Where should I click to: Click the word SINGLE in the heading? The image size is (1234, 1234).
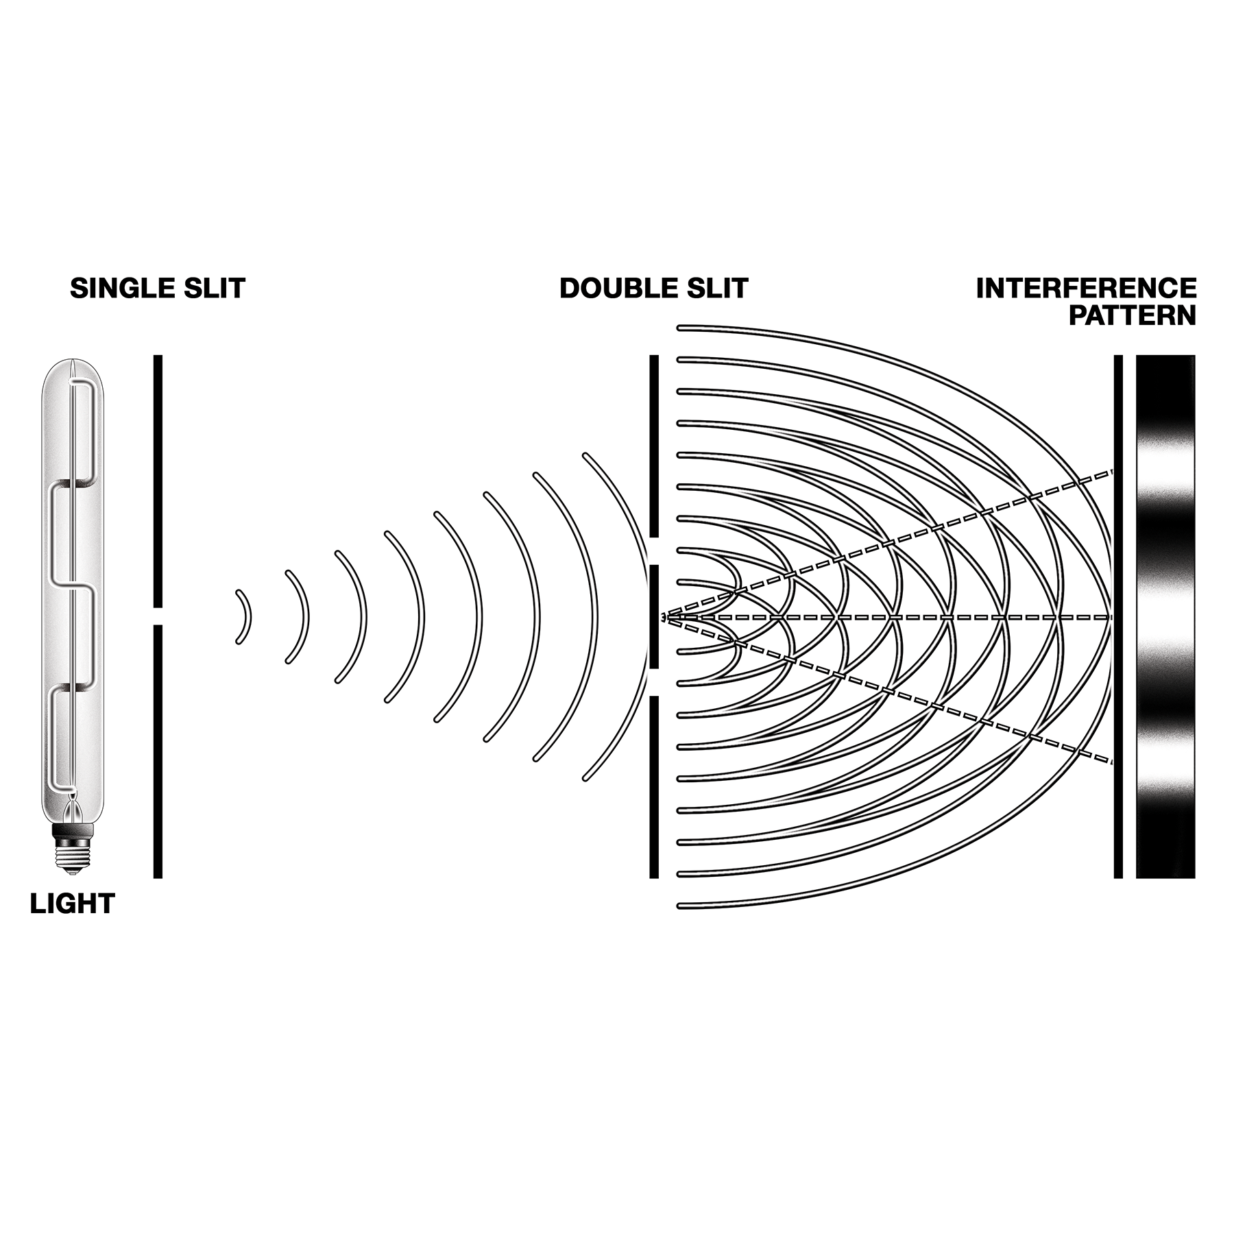(113, 289)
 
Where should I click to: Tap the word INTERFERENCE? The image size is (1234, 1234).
(1086, 289)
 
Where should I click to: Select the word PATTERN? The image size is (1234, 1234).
(1132, 316)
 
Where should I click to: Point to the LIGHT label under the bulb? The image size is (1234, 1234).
(72, 904)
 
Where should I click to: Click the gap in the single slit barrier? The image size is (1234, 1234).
(158, 616)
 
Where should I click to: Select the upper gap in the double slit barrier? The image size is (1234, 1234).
(653, 551)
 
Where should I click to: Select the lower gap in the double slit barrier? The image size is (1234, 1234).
(653, 682)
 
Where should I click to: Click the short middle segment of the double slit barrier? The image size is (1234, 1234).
(653, 616)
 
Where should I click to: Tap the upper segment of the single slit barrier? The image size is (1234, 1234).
(158, 480)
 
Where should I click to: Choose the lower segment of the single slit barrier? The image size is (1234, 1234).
(158, 751)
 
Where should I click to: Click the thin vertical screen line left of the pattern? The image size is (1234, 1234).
(1118, 616)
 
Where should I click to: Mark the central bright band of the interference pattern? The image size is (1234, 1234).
(1165, 616)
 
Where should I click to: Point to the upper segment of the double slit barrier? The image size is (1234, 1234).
(653, 446)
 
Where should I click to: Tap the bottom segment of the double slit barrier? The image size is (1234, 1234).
(653, 787)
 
